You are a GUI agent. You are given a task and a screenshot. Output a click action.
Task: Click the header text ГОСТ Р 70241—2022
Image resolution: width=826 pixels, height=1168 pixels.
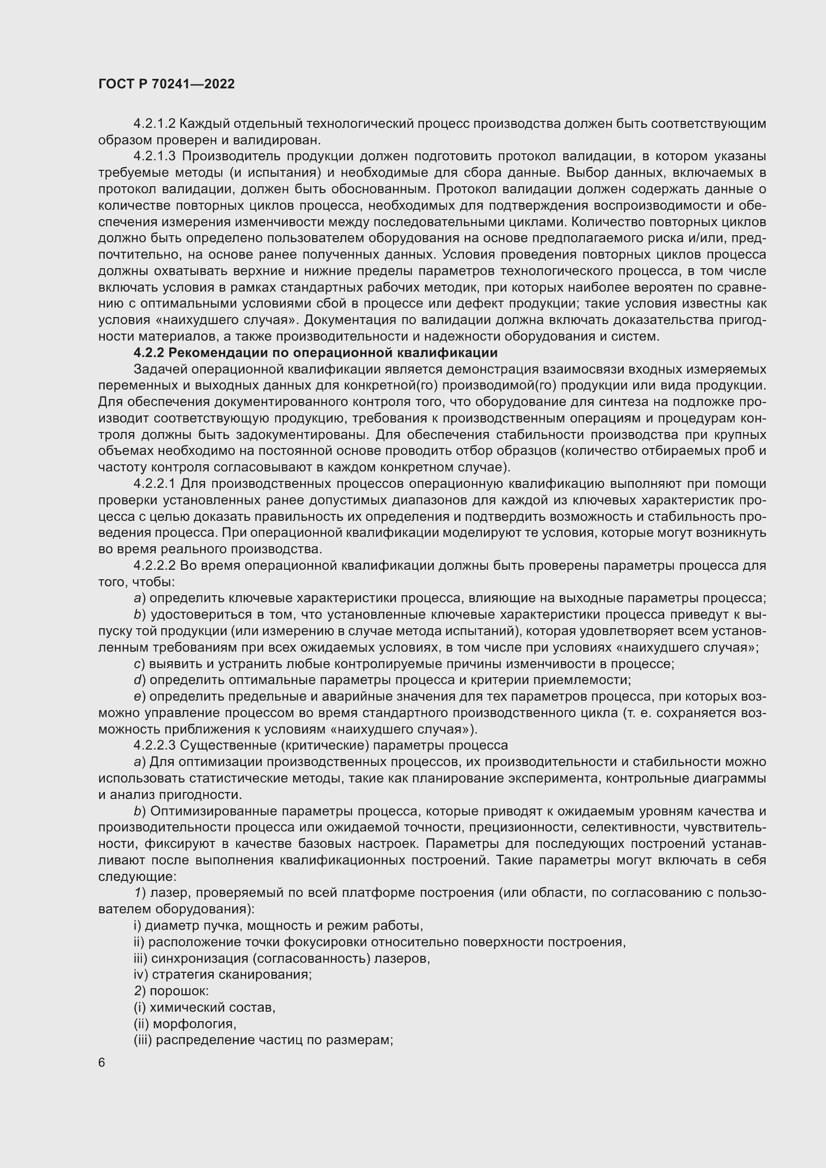point(166,84)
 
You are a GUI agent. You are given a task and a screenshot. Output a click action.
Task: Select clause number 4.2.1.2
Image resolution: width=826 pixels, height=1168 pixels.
point(154,124)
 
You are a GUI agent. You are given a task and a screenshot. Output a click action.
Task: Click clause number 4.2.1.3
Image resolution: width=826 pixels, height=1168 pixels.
point(154,156)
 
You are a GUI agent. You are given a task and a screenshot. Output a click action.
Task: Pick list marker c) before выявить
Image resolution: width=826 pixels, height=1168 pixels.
point(139,664)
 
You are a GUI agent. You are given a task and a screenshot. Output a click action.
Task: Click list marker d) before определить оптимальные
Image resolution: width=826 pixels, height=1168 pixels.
point(139,680)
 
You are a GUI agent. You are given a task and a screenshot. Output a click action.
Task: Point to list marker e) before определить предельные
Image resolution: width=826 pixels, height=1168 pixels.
point(139,697)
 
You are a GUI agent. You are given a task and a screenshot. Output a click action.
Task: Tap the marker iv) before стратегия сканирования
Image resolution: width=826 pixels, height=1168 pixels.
point(141,975)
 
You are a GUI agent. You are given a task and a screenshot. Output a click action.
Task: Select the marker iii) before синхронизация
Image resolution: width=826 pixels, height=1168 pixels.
point(140,958)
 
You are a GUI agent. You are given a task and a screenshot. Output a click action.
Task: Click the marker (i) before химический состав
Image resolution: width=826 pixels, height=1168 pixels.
point(139,1007)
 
